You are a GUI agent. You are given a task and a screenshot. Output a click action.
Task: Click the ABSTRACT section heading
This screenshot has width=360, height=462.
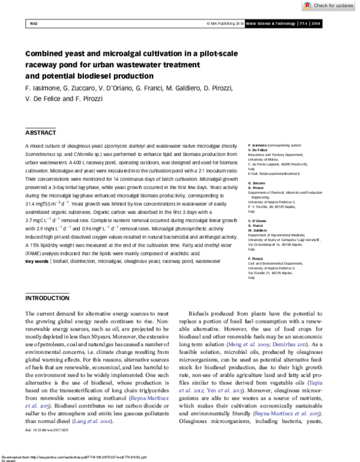coord(42,132)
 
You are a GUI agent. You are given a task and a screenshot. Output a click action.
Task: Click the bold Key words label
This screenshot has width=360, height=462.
coord(37,278)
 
